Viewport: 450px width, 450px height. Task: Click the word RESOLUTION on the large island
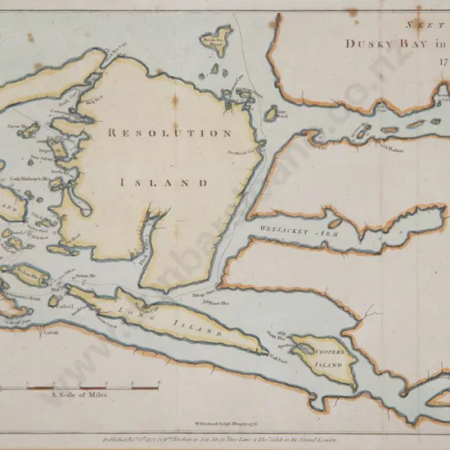click(169, 132)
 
